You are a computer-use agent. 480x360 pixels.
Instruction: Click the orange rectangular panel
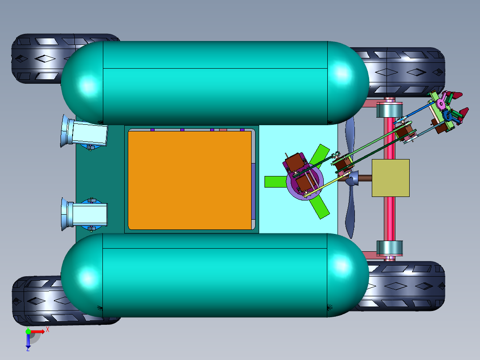[x=190, y=180]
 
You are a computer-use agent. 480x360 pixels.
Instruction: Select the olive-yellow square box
[x=391, y=178]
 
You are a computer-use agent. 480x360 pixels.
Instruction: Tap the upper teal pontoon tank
[x=215, y=83]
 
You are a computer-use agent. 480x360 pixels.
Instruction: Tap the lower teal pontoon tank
[x=215, y=275]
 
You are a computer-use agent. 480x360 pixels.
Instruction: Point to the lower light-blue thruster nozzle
[x=85, y=214]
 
